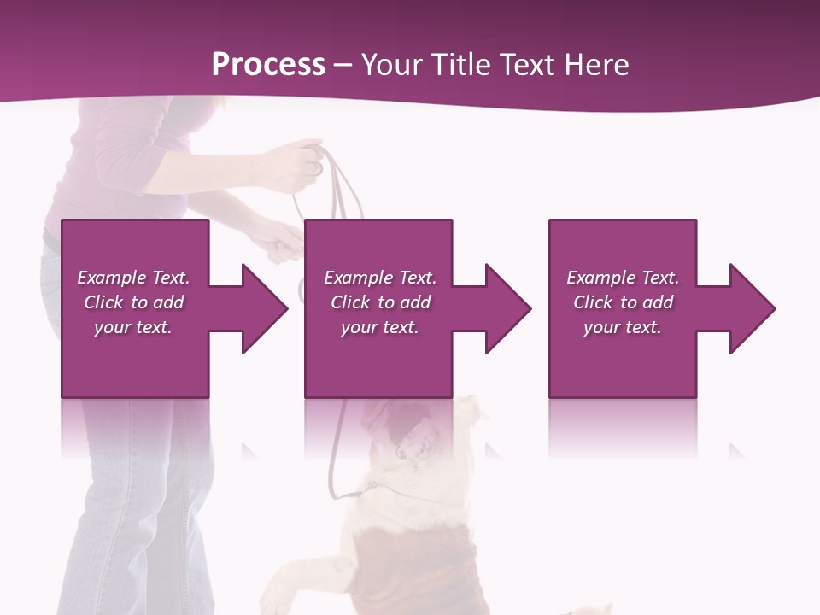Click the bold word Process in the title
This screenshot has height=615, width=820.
coord(268,65)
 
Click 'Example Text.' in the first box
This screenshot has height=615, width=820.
coord(134,278)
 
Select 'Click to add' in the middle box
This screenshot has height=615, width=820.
coord(380,302)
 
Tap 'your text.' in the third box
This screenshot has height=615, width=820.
coord(623,327)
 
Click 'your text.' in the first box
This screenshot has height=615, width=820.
coord(133,327)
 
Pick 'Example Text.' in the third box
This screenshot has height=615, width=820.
coord(623,278)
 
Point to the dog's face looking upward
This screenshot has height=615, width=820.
coord(414,436)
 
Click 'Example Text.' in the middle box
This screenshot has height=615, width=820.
coord(380,278)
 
